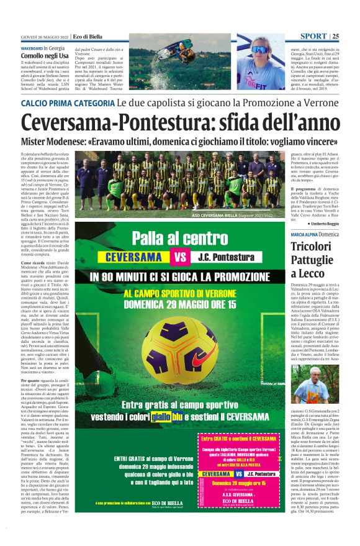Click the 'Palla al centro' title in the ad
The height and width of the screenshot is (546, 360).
tap(180, 239)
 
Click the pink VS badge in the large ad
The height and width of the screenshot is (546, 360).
tap(180, 257)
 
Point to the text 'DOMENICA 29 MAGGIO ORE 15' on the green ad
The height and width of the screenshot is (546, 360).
tap(180, 305)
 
